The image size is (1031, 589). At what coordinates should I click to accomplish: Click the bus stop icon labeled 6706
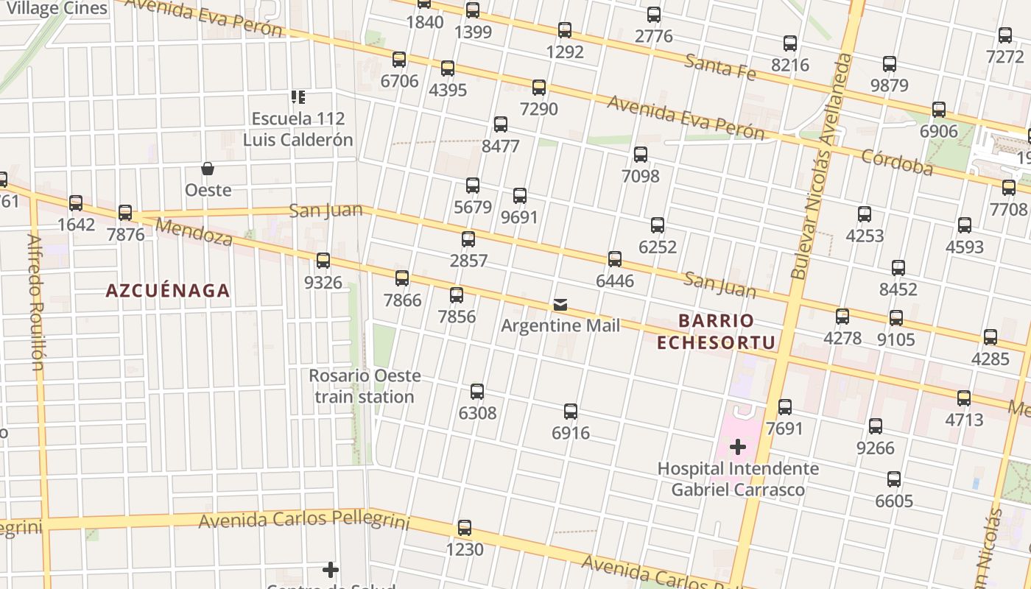coord(399,60)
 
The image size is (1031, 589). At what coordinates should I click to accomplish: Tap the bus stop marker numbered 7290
coord(539,88)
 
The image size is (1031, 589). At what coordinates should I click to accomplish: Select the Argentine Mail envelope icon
coord(560,305)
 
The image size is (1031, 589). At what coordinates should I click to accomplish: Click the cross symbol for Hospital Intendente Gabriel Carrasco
coord(737,447)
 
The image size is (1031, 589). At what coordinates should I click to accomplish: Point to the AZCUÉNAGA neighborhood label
coord(168,291)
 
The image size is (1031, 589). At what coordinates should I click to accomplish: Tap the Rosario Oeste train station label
coord(365,387)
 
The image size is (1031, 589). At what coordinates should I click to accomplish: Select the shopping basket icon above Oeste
coord(208,169)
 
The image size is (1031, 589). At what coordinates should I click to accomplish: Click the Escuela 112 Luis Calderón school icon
coord(298,97)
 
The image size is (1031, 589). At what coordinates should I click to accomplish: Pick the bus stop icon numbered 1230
coord(465,528)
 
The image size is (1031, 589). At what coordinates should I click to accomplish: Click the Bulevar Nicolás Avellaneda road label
coord(822,166)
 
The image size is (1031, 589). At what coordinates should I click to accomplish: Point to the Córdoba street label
coord(897,162)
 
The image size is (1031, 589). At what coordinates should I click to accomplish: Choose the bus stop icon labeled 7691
coord(785,407)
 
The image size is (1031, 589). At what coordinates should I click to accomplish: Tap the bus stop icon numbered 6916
coord(571,412)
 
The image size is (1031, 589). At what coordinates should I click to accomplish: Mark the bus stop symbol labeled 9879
coord(890,64)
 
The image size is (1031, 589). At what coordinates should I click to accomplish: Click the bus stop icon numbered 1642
coord(76,203)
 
